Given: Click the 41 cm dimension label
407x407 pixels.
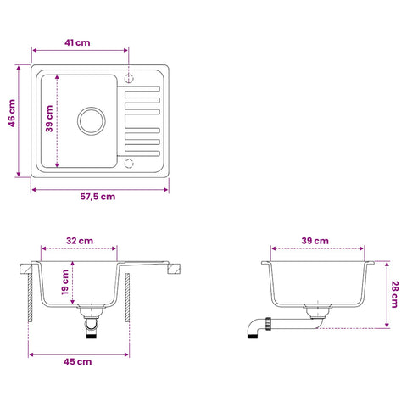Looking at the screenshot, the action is tap(77, 42).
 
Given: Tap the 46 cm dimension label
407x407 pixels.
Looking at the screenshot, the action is tap(12, 113).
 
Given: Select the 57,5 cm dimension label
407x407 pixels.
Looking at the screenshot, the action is tap(98, 197).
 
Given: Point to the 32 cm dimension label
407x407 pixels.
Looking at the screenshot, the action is tap(80, 241).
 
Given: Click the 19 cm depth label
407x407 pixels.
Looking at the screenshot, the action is tap(65, 282).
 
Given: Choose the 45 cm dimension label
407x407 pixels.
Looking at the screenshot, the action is tap(77, 361).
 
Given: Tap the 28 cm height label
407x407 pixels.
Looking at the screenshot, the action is tap(394, 294).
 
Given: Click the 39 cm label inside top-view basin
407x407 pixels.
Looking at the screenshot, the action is tap(49, 119).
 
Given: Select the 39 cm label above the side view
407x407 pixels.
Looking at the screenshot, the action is tap(315, 241).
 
